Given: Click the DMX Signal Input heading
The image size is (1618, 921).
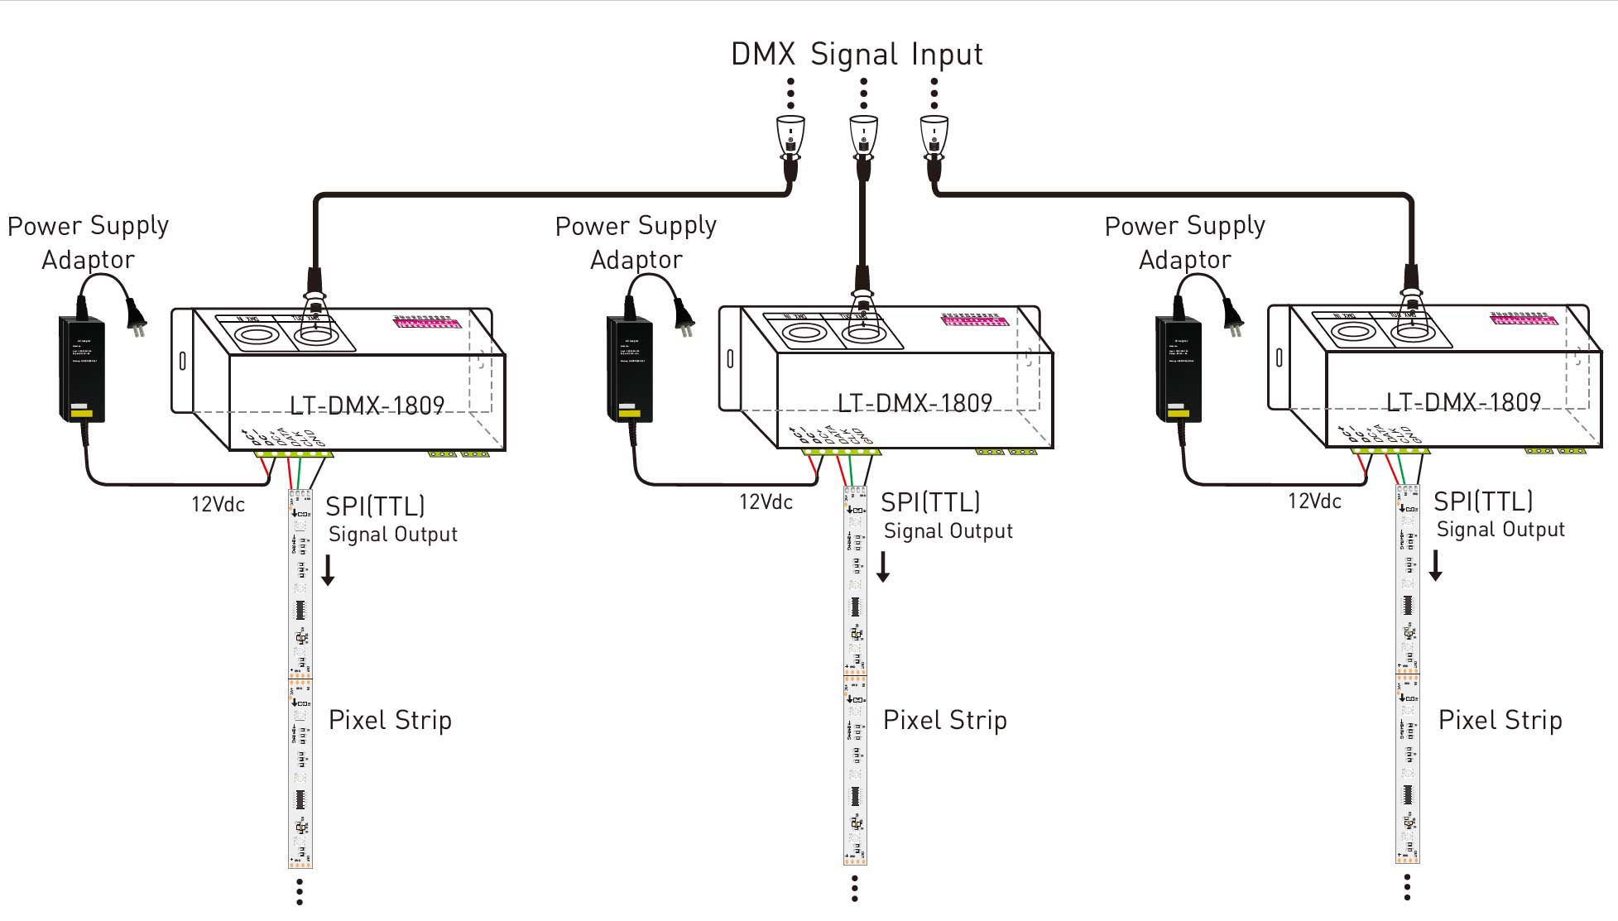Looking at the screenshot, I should click(857, 55).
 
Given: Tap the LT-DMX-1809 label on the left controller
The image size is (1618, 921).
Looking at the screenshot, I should click(367, 405).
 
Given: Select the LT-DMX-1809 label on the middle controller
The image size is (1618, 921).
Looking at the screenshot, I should click(915, 403).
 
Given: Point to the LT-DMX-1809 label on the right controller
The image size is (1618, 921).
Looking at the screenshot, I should click(1463, 402).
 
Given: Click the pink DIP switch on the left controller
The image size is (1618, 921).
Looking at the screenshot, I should click(422, 321).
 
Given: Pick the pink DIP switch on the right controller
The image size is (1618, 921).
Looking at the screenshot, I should click(1519, 318).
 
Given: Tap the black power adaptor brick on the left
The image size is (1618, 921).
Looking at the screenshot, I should click(81, 368).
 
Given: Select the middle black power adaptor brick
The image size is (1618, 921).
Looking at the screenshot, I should click(629, 368).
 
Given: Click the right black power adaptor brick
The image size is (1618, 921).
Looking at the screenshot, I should click(1178, 368).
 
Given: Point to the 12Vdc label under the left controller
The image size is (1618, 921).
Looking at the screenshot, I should click(218, 504).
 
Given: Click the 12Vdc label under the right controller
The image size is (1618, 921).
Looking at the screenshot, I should click(1314, 501).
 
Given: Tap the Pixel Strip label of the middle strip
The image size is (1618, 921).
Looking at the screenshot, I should click(944, 720).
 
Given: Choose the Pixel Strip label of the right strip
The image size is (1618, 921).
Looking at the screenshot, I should click(1500, 720).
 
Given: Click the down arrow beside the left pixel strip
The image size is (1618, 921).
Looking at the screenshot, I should click(328, 570).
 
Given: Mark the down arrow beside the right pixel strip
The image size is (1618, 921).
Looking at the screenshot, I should click(1436, 565).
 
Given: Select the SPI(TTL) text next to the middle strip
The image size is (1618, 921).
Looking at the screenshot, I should click(929, 501).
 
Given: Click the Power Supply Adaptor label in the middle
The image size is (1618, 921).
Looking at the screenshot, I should click(636, 242).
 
